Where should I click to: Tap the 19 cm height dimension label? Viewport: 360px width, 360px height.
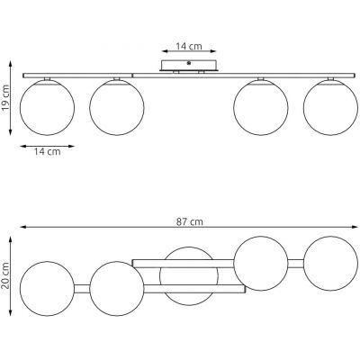point(5,97)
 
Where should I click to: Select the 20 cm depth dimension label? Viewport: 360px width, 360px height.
point(5,275)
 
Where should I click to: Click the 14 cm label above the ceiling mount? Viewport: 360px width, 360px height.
point(189,46)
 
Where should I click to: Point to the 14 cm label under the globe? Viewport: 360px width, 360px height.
point(47,151)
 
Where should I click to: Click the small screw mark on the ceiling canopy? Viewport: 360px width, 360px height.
point(189,63)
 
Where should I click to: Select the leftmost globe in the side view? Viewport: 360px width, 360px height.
point(47,107)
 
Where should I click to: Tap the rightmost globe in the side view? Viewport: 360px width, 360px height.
point(330,107)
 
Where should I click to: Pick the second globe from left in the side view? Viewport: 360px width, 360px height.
point(117,107)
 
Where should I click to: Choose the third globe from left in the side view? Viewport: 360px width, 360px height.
point(261,107)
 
